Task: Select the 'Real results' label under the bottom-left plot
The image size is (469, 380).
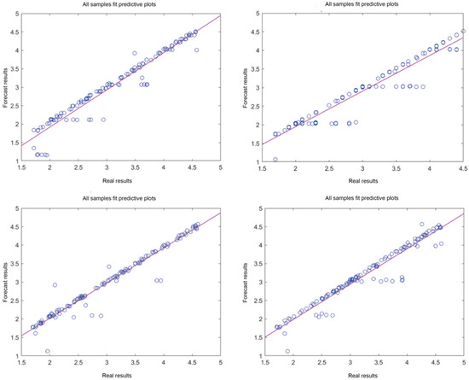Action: coord(120,374)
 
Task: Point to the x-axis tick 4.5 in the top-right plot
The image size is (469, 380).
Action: coord(462,170)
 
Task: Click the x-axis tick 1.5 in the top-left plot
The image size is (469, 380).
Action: coord(21,170)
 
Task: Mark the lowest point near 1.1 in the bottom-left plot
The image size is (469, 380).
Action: coord(48,351)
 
